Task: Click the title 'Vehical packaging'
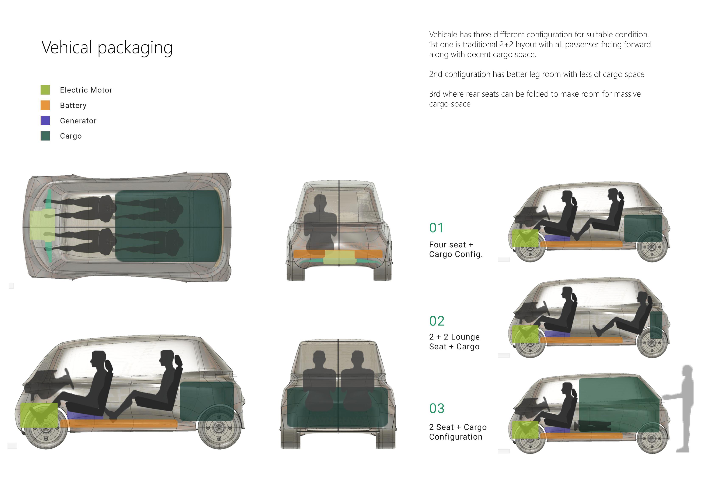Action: coord(107,48)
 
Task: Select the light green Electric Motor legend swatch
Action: coord(45,90)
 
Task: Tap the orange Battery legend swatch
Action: coord(45,105)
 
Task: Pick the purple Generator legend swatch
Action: coord(45,120)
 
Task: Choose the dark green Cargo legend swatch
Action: coord(45,136)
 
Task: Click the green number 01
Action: coord(436,228)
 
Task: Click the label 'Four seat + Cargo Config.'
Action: coord(456,249)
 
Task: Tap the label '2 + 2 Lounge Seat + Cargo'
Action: coord(454,342)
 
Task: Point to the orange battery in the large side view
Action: coord(119,423)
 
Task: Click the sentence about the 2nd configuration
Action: coord(537,74)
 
